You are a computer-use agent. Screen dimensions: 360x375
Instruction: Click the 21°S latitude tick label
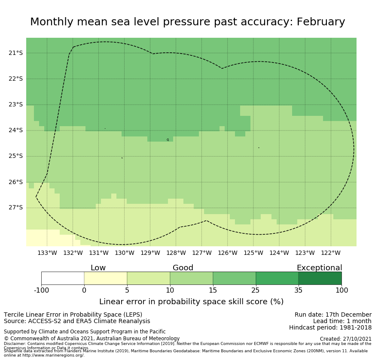[x=15, y=53]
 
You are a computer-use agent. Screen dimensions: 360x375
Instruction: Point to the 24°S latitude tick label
[x=15, y=130]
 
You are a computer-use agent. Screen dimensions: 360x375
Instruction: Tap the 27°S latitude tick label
[x=15, y=208]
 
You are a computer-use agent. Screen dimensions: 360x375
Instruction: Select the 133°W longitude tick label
[x=47, y=253]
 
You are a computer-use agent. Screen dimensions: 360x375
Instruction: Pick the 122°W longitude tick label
[x=330, y=253]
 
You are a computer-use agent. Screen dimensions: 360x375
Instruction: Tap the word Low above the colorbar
[x=98, y=268]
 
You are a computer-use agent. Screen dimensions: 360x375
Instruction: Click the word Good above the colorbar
[x=183, y=268]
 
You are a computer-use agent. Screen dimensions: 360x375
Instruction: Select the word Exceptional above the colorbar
[x=319, y=268]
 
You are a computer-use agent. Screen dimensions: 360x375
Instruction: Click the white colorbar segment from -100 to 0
[x=63, y=278]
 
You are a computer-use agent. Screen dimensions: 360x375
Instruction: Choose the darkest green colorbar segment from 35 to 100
[x=320, y=278]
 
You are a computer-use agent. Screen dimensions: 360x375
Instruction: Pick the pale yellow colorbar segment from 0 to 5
[x=106, y=278]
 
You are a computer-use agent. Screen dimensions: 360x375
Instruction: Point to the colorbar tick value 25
[x=256, y=290]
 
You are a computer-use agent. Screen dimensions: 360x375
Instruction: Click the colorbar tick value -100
[x=42, y=290]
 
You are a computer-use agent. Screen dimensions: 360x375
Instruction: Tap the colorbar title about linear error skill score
[x=191, y=302]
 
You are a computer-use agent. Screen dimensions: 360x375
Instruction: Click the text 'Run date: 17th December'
[x=333, y=315]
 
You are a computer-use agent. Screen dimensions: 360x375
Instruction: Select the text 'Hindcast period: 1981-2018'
[x=330, y=328]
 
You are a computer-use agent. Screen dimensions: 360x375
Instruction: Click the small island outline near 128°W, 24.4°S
[x=168, y=139]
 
